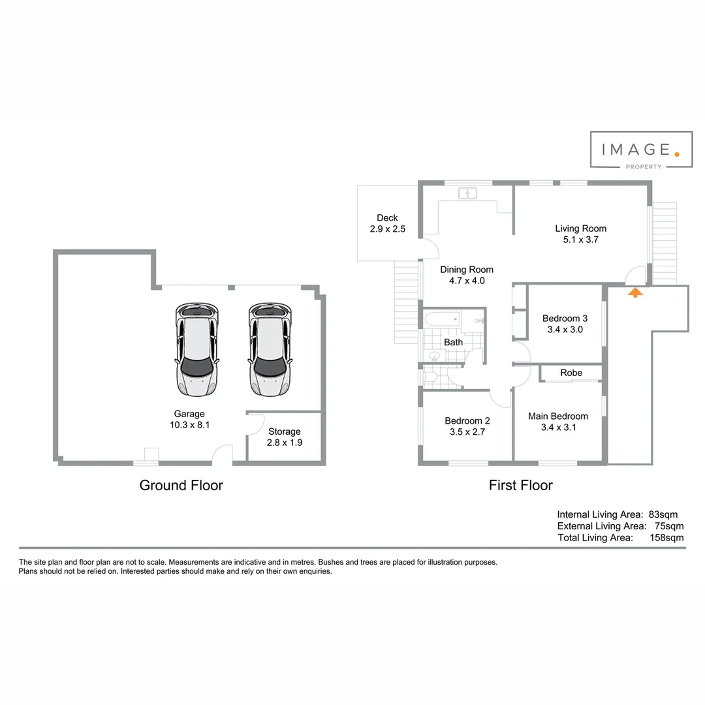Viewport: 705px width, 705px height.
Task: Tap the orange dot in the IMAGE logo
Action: pos(677,154)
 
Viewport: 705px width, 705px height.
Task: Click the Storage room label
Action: pos(285,431)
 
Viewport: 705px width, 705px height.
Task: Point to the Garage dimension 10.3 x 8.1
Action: pos(189,424)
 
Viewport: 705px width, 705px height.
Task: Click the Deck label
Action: pos(387,218)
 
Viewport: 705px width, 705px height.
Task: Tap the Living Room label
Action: pos(580,228)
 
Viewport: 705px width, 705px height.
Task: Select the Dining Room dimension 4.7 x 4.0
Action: pos(467,281)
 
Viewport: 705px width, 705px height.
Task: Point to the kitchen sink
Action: pos(468,193)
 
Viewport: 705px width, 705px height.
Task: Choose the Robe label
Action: pos(571,373)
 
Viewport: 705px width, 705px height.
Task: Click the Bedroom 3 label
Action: pos(565,319)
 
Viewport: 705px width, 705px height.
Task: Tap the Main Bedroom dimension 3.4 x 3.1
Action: pos(558,428)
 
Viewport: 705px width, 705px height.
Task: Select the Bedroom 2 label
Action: pos(467,421)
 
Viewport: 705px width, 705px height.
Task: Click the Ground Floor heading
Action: pos(181,485)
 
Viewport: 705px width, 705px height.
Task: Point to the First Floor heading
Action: pos(520,485)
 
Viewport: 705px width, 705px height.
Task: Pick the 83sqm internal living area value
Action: pos(663,514)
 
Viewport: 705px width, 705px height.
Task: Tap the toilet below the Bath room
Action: pos(431,377)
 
